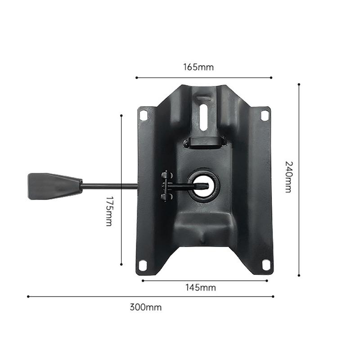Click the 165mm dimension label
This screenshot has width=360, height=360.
click(198, 67)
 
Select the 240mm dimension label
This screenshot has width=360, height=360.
click(288, 177)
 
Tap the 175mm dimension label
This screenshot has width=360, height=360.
click(109, 211)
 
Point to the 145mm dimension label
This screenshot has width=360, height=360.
click(201, 288)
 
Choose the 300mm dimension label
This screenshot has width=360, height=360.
click(145, 307)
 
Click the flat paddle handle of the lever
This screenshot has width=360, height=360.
click(54, 186)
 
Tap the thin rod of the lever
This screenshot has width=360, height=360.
click(110, 186)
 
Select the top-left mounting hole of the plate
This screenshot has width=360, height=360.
click(144, 116)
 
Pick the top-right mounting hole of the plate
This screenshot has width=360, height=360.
click(265, 116)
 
